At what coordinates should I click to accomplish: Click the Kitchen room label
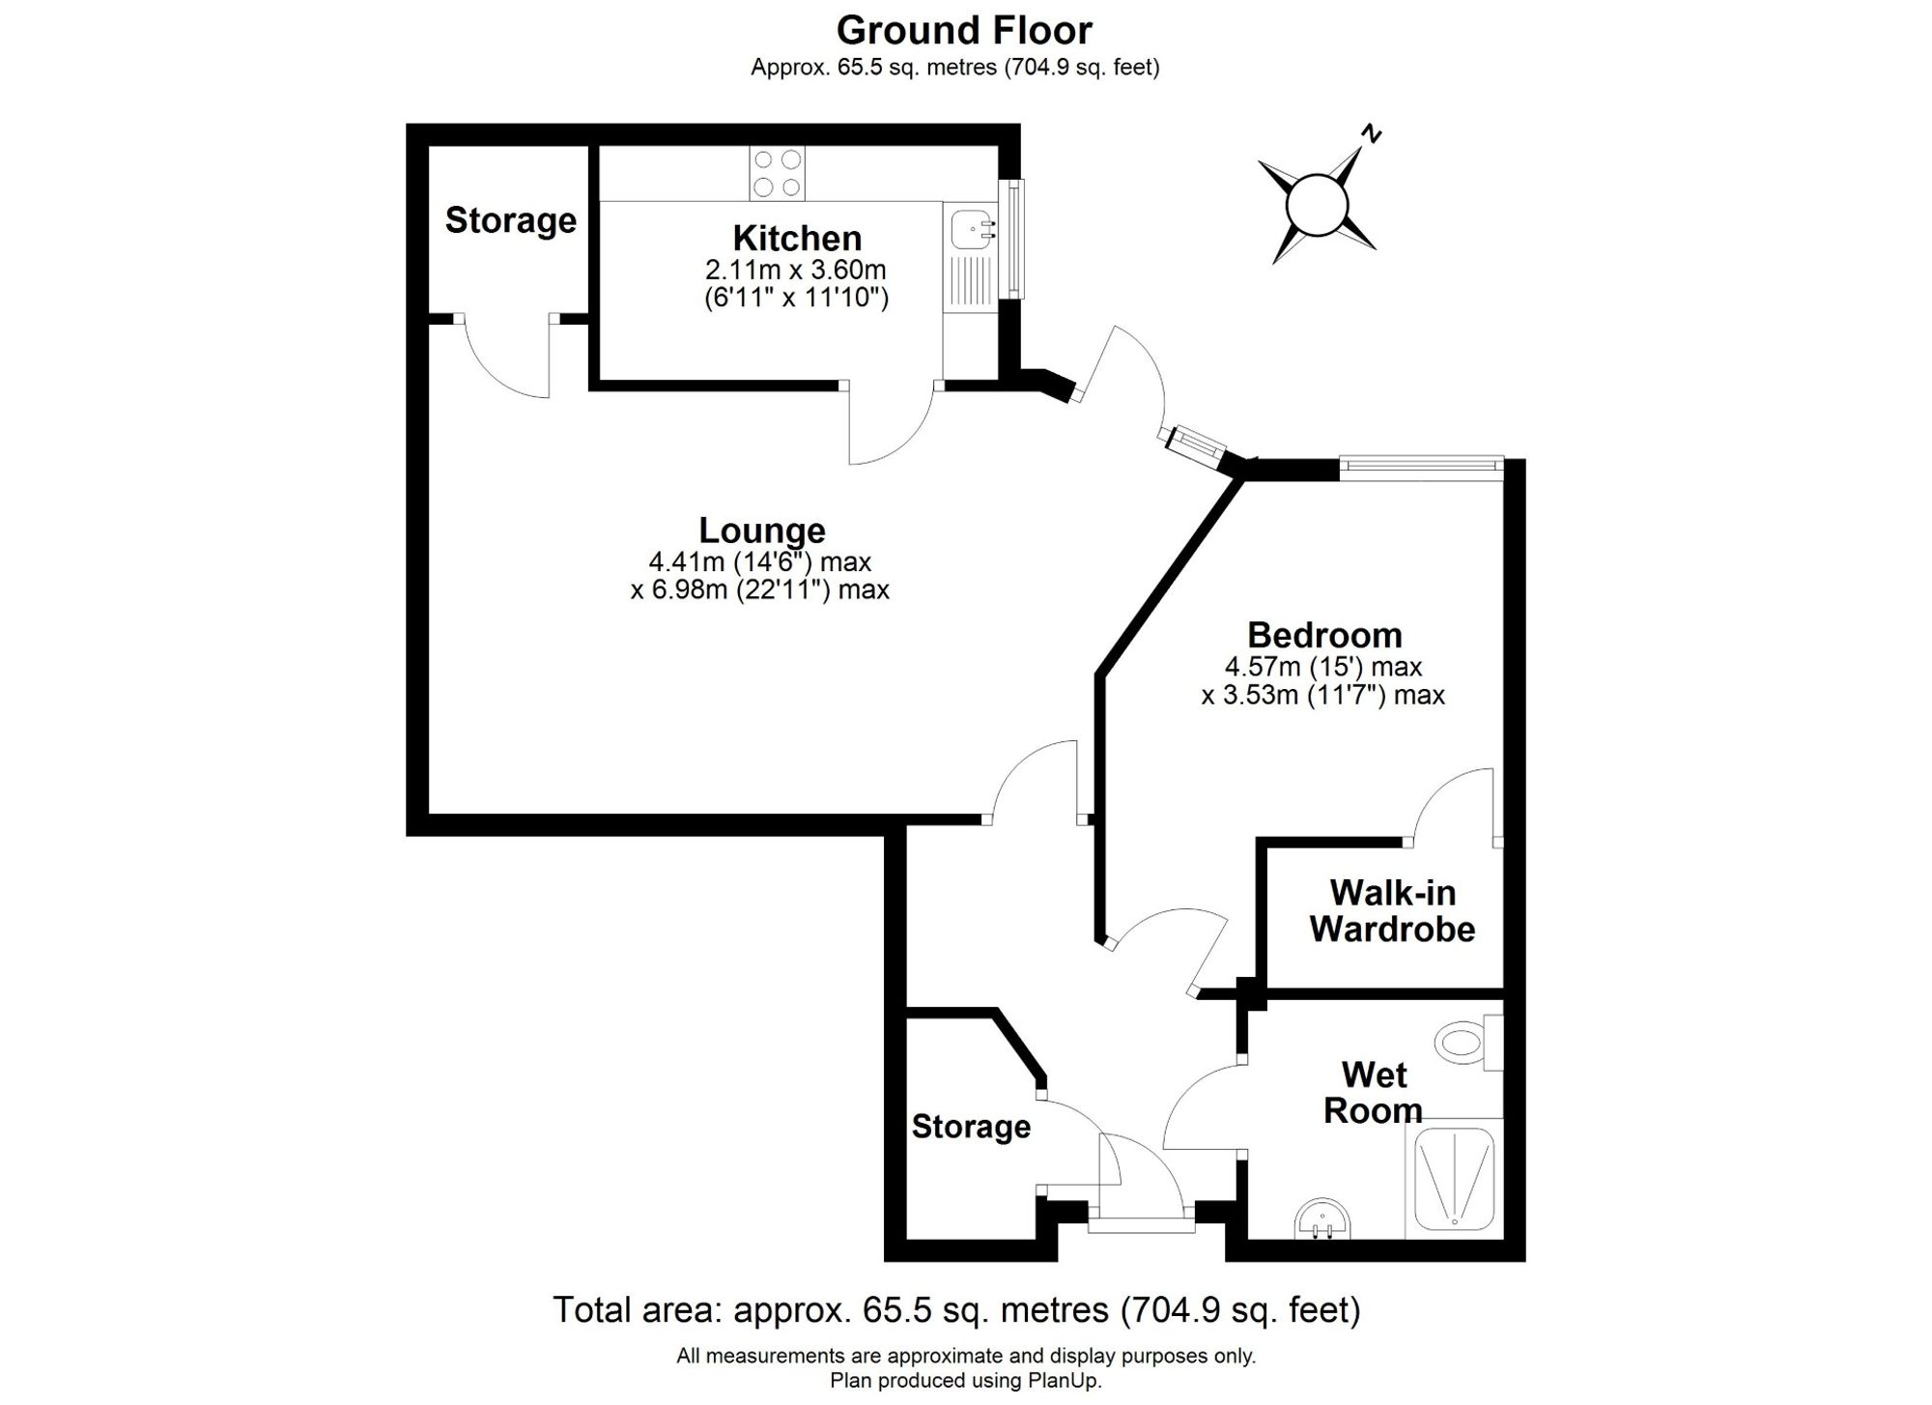point(796,238)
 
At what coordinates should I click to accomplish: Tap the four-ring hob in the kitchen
point(777,173)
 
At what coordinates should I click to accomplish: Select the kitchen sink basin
point(968,230)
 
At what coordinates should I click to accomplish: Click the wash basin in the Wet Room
point(1321,1219)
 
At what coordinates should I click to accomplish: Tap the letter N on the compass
point(1370,134)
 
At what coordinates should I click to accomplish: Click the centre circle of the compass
point(1317,204)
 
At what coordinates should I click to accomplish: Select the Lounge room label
point(762,530)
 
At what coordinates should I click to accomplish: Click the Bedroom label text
point(1324,635)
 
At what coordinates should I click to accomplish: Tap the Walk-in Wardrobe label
point(1392,910)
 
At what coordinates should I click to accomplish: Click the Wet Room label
point(1374,1092)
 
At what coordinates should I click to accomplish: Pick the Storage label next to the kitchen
point(510,220)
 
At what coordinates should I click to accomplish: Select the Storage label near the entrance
point(971,1127)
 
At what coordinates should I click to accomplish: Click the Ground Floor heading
point(964,31)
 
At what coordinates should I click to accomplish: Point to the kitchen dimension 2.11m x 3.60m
point(795,270)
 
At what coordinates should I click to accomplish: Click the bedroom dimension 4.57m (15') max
point(1323,667)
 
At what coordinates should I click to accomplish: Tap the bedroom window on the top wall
point(1421,466)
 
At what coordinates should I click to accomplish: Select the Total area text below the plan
point(956,1310)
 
